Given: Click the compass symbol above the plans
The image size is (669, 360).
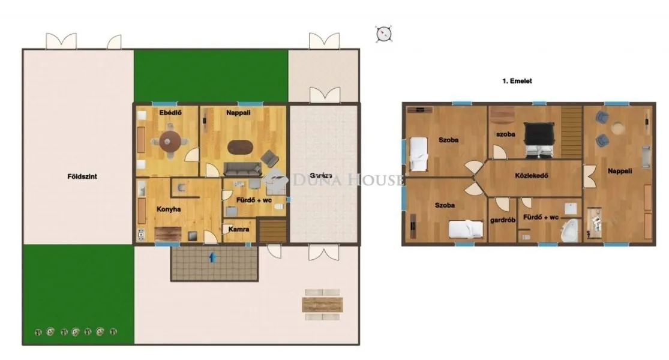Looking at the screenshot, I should (383, 34).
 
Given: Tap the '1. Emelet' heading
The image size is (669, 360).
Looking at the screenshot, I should (517, 80).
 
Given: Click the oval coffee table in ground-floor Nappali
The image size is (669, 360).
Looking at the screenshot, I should (241, 147).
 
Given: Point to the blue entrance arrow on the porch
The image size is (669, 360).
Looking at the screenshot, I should (212, 257).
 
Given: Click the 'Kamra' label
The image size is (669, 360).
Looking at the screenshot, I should (236, 229).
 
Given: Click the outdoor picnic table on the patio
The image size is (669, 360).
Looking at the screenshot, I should (322, 304).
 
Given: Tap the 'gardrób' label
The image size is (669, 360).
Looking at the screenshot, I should (503, 220).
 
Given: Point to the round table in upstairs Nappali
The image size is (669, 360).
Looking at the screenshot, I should (617, 127).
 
